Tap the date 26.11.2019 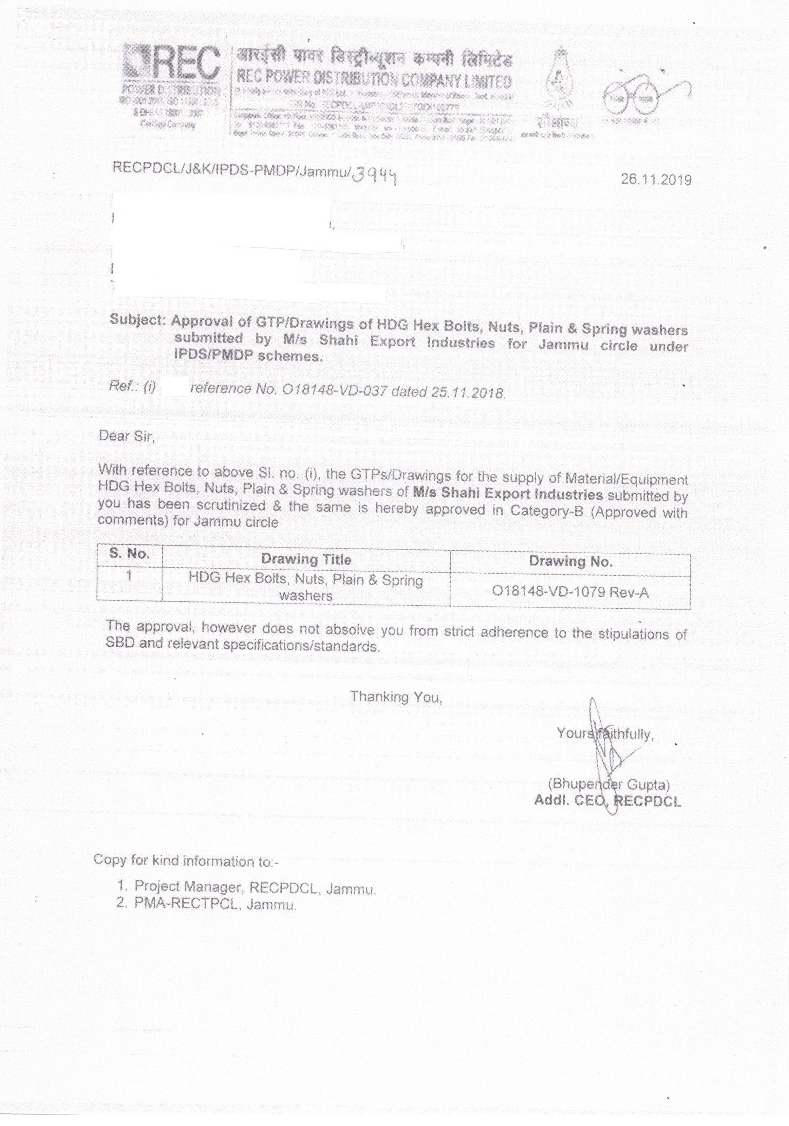click(x=656, y=180)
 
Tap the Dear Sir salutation click(x=126, y=435)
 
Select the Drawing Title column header click(x=306, y=559)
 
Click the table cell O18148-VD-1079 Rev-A click(x=570, y=592)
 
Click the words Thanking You click(x=396, y=697)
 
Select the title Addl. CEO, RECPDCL click(x=608, y=801)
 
